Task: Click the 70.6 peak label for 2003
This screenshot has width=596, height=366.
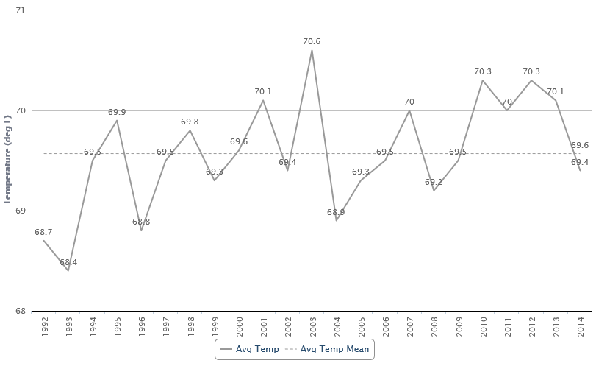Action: pyautogui.click(x=312, y=42)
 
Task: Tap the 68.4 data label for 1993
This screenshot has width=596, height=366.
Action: pyautogui.click(x=68, y=262)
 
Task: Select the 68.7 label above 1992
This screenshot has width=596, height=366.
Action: pyautogui.click(x=43, y=232)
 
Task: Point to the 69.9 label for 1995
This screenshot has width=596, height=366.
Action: pyautogui.click(x=117, y=112)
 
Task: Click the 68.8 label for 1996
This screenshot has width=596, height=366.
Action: pyautogui.click(x=141, y=222)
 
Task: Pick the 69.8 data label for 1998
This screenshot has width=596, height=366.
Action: pyautogui.click(x=190, y=122)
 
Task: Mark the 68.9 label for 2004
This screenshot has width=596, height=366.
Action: pyautogui.click(x=337, y=212)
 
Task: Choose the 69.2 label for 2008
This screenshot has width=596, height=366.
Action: pyautogui.click(x=434, y=182)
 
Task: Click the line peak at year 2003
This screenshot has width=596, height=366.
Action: pyautogui.click(x=312, y=50)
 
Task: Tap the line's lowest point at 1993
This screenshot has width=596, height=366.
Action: pyautogui.click(x=68, y=270)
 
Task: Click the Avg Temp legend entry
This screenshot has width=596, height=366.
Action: pyautogui.click(x=249, y=349)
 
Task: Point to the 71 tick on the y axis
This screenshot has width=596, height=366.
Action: pyautogui.click(x=19, y=10)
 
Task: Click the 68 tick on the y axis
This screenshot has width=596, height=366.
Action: pyautogui.click(x=19, y=311)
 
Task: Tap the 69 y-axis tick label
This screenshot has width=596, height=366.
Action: pyautogui.click(x=19, y=211)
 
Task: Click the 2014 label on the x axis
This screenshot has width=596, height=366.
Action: pyautogui.click(x=581, y=325)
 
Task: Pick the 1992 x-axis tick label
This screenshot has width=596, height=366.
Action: pyautogui.click(x=44, y=325)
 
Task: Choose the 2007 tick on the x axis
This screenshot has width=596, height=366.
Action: pyautogui.click(x=410, y=325)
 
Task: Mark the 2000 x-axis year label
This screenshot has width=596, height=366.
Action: pyautogui.click(x=240, y=325)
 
